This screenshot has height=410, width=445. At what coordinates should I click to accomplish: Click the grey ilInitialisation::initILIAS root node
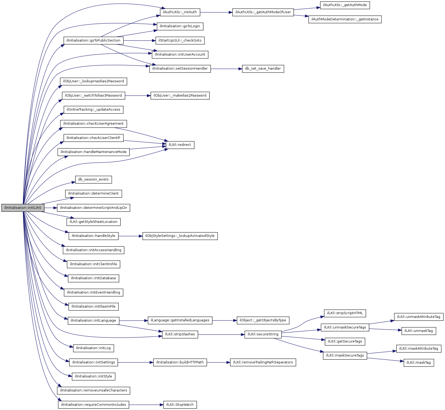pos(23,208)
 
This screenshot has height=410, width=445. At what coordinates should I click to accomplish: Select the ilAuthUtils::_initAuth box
pos(180,12)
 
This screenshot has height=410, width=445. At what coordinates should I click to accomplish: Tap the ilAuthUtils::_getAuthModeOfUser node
pos(263,12)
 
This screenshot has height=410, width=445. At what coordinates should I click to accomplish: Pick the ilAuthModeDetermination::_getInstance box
pos(345,19)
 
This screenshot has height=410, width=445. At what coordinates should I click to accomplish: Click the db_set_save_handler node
pos(263,69)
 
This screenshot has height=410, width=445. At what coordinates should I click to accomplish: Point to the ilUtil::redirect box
pos(180,145)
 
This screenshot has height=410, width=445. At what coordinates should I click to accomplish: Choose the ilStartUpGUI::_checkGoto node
pos(180,40)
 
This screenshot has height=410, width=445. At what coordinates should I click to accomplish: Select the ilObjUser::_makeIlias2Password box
pos(180,96)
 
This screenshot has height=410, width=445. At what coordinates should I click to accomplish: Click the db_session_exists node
pos(93,179)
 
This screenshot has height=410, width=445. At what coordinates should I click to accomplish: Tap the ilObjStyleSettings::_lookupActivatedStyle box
pos(180,236)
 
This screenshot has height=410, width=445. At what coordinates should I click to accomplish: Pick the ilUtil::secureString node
pos(263,334)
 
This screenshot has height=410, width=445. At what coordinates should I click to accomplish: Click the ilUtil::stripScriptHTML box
pos(345,313)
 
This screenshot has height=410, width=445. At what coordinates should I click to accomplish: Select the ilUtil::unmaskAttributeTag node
pos(419,317)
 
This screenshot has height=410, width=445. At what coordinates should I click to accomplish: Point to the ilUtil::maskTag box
pos(419,363)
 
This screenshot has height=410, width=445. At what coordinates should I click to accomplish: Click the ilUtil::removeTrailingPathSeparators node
pos(263,362)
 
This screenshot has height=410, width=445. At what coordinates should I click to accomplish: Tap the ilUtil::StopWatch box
pos(180,405)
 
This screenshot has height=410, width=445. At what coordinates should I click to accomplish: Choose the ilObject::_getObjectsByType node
pos(263,320)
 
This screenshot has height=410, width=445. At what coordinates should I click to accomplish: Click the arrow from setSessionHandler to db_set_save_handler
pos(226,69)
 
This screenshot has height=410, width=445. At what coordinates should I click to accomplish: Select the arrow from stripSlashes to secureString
pos(221,335)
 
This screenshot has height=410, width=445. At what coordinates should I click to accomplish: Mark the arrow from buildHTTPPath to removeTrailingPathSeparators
pos(219,362)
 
